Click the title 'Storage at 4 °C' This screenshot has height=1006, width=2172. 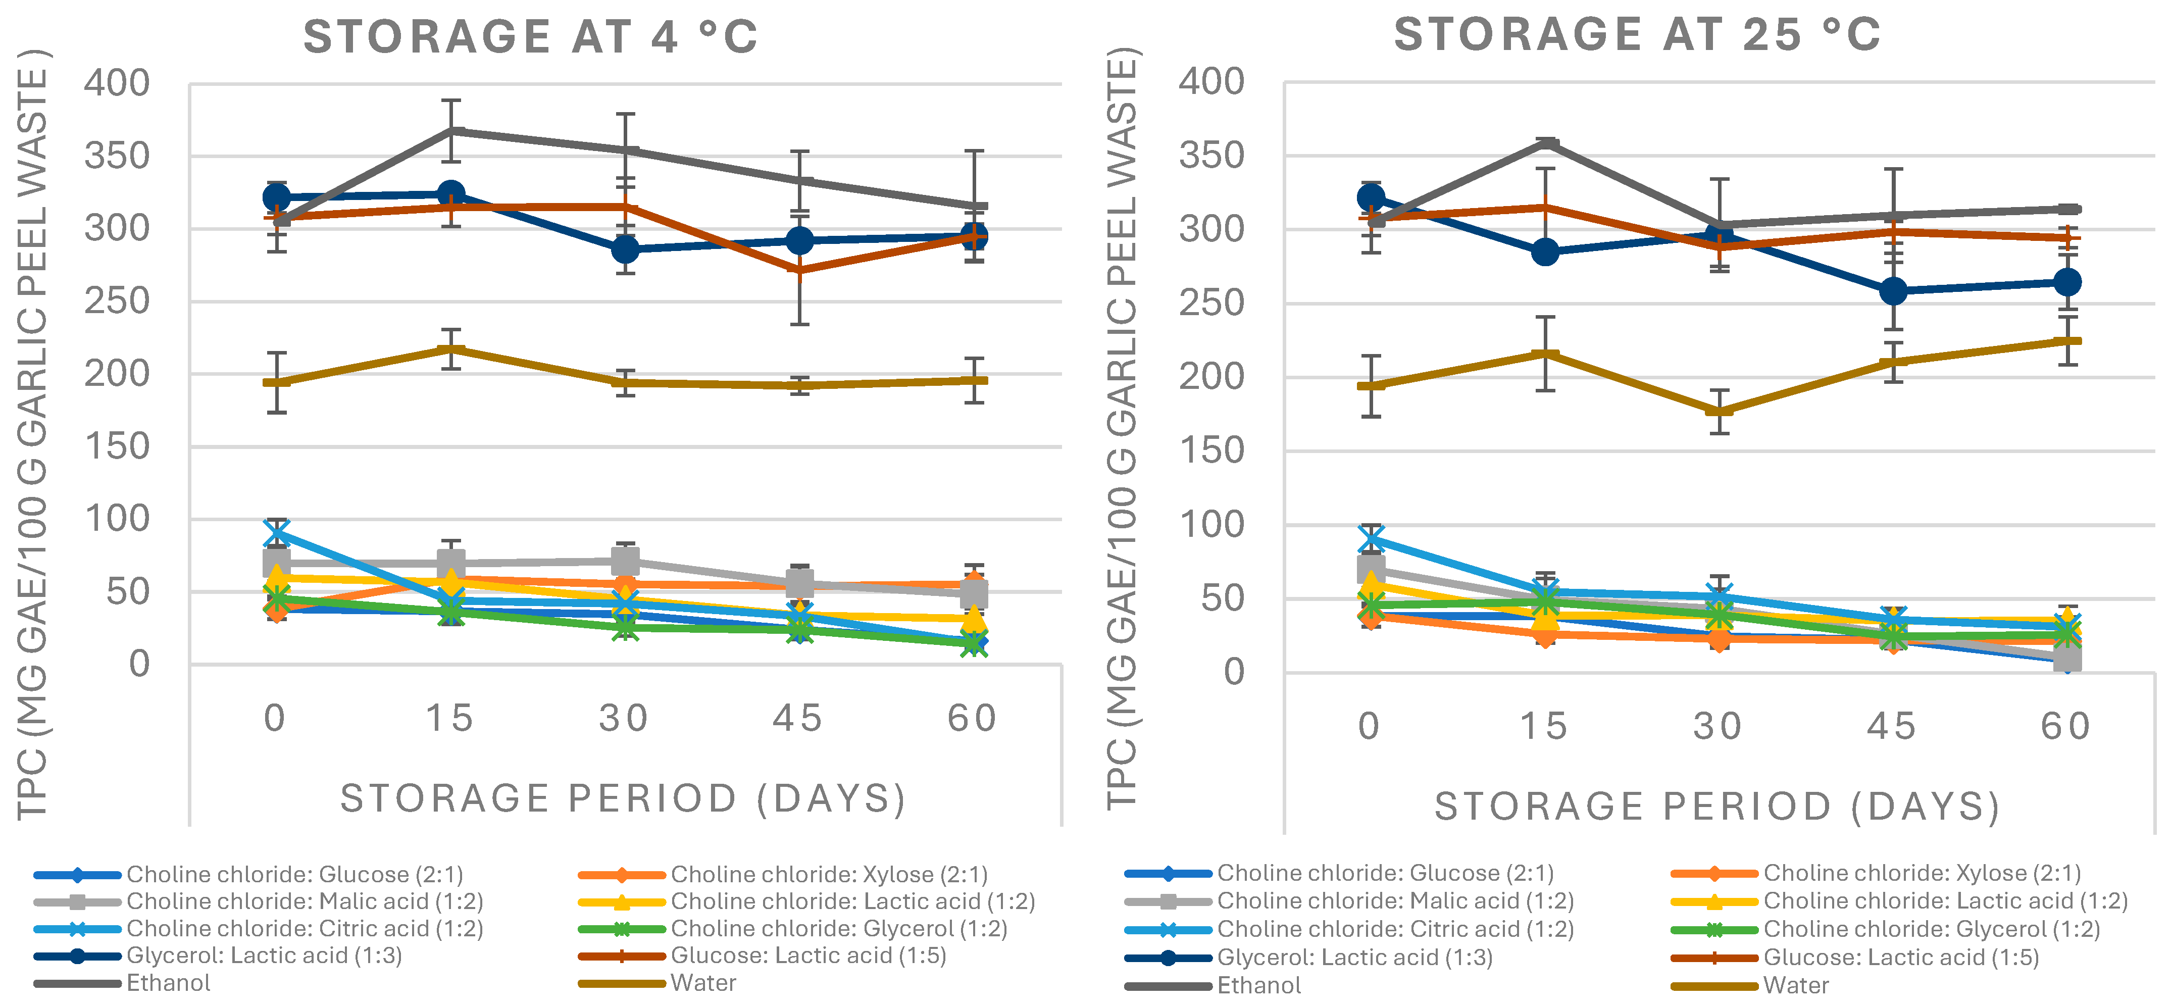tap(530, 37)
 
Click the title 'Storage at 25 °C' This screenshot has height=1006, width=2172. tap(1637, 35)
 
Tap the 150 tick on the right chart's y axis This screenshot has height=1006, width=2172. tap(1211, 451)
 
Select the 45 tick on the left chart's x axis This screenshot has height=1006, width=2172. tap(797, 719)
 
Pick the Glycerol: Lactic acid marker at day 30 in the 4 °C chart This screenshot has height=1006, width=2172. tap(625, 249)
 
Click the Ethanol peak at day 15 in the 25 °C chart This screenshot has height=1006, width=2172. tap(1545, 143)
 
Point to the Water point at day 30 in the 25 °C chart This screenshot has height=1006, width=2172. tap(1719, 412)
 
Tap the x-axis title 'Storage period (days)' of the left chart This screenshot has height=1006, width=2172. tap(623, 798)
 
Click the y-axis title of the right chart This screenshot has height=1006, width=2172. tap(1123, 428)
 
